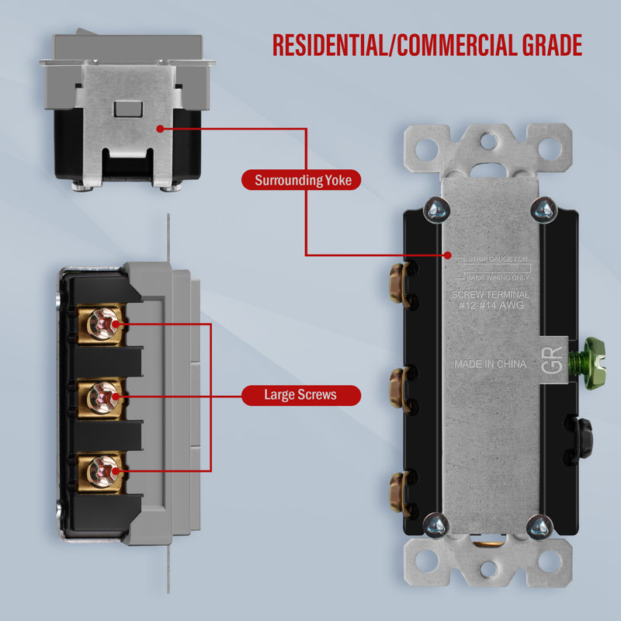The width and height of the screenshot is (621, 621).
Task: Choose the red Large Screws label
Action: pyautogui.click(x=300, y=394)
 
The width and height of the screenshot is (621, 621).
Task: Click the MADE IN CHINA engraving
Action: pyautogui.click(x=490, y=364)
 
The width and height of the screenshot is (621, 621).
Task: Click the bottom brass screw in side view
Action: pyautogui.click(x=102, y=470)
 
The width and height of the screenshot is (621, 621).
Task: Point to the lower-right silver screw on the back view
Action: pyautogui.click(x=538, y=528)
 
